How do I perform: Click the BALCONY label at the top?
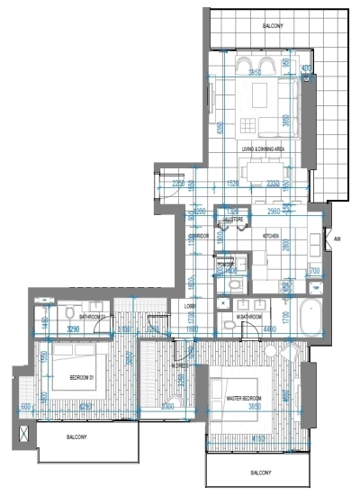pos(274,26)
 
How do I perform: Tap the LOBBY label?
pos(191,306)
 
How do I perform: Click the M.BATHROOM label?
pos(248,318)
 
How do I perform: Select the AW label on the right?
pos(337,239)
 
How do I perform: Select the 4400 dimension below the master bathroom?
pos(270,330)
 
